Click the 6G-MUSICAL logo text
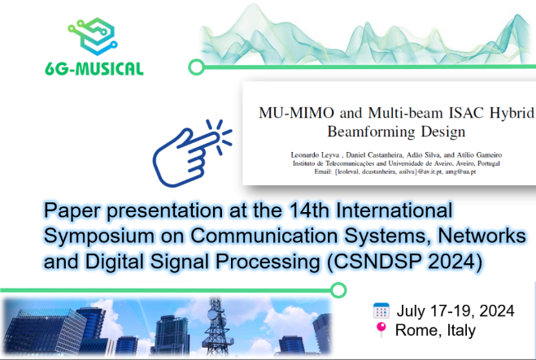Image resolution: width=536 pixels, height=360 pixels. (94, 69)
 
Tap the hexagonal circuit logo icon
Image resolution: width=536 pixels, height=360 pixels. (93, 37)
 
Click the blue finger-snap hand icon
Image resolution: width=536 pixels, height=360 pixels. (191, 153)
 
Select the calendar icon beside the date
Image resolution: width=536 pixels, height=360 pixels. (381, 310)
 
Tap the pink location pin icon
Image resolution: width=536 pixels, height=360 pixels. (381, 329)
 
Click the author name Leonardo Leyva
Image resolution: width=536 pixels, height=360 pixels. (315, 155)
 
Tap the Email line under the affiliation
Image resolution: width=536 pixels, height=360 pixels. (395, 171)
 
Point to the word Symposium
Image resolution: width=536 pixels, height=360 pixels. (98, 236)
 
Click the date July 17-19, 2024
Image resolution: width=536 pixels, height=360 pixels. (455, 310)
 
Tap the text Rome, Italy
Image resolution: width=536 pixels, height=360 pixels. (435, 330)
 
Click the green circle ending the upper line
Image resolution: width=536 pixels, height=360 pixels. (197, 67)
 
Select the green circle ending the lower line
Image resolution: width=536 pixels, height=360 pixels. (338, 291)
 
